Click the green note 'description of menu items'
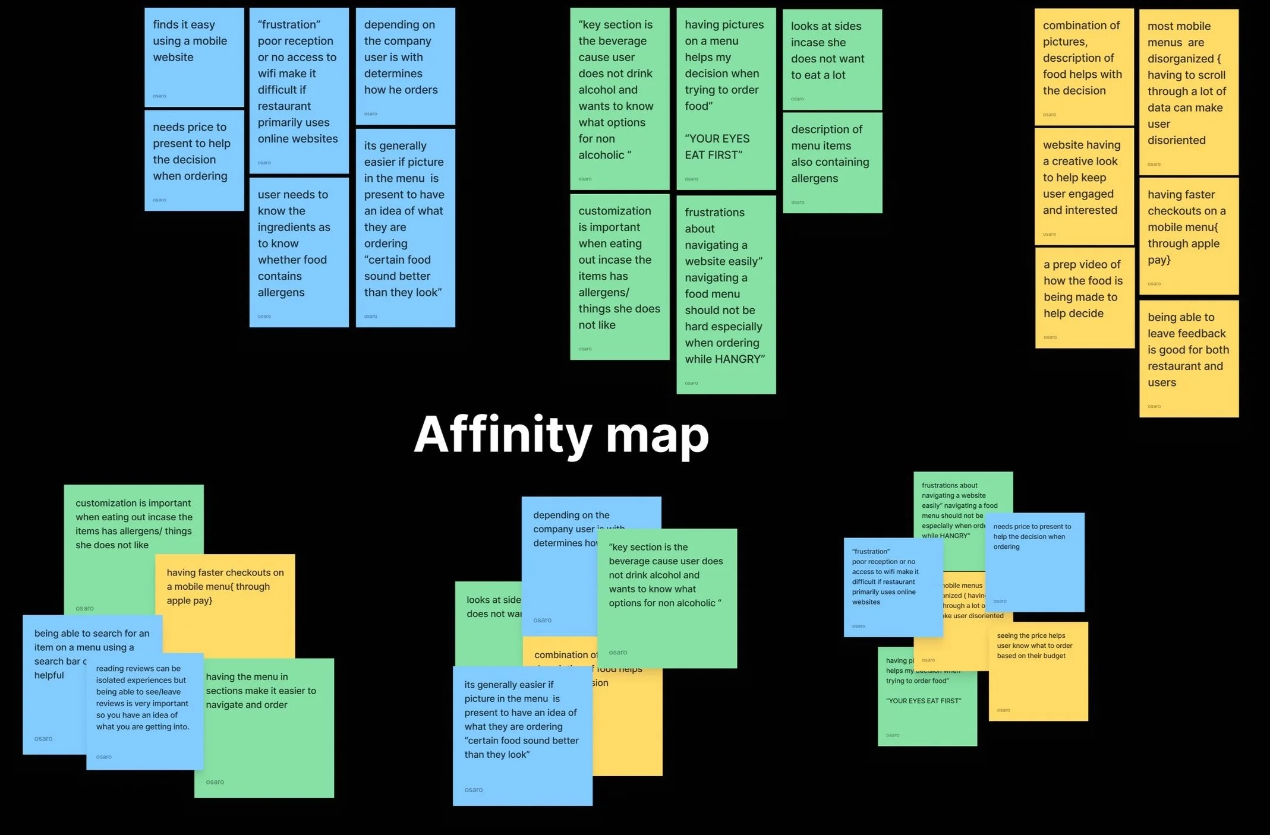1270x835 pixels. click(832, 162)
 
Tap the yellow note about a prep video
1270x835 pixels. click(1084, 297)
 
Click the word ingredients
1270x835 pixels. click(294, 227)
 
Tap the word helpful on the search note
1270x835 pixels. click(49, 675)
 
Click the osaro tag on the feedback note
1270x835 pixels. click(1154, 406)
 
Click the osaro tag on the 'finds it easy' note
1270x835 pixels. click(159, 96)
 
